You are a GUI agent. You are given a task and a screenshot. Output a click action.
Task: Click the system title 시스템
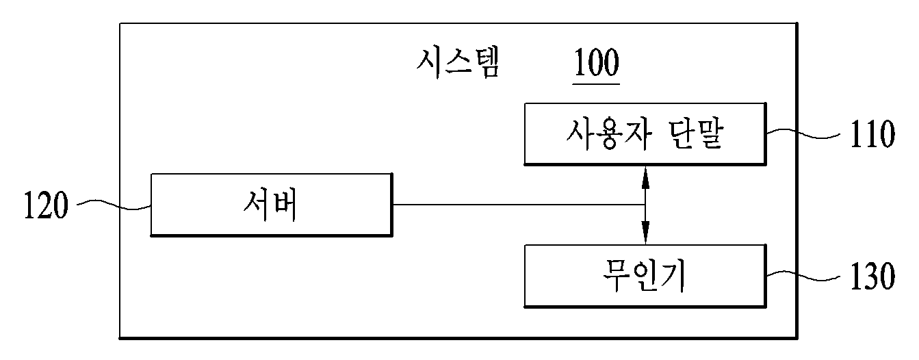[458, 63]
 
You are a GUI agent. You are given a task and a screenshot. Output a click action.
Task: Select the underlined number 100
[596, 62]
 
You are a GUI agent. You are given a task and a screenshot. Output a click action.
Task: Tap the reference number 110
[872, 134]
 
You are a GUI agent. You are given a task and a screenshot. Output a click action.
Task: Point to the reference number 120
[46, 205]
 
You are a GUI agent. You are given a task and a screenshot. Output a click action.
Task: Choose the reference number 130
[872, 276]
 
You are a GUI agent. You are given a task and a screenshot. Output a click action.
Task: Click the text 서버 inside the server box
[270, 205]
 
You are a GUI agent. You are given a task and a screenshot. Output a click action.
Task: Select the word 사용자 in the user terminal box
[609, 134]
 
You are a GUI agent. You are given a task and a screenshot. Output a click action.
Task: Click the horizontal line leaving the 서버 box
[519, 204]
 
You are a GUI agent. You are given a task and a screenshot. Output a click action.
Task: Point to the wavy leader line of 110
[803, 134]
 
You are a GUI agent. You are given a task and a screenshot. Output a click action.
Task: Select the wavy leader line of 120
[114, 205]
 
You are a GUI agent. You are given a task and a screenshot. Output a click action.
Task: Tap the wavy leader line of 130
[803, 276]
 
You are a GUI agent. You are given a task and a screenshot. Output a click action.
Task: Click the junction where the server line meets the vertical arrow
[645, 204]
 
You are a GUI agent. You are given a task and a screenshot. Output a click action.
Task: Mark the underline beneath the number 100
[596, 83]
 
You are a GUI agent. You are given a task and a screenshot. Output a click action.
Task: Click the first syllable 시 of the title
[429, 63]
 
